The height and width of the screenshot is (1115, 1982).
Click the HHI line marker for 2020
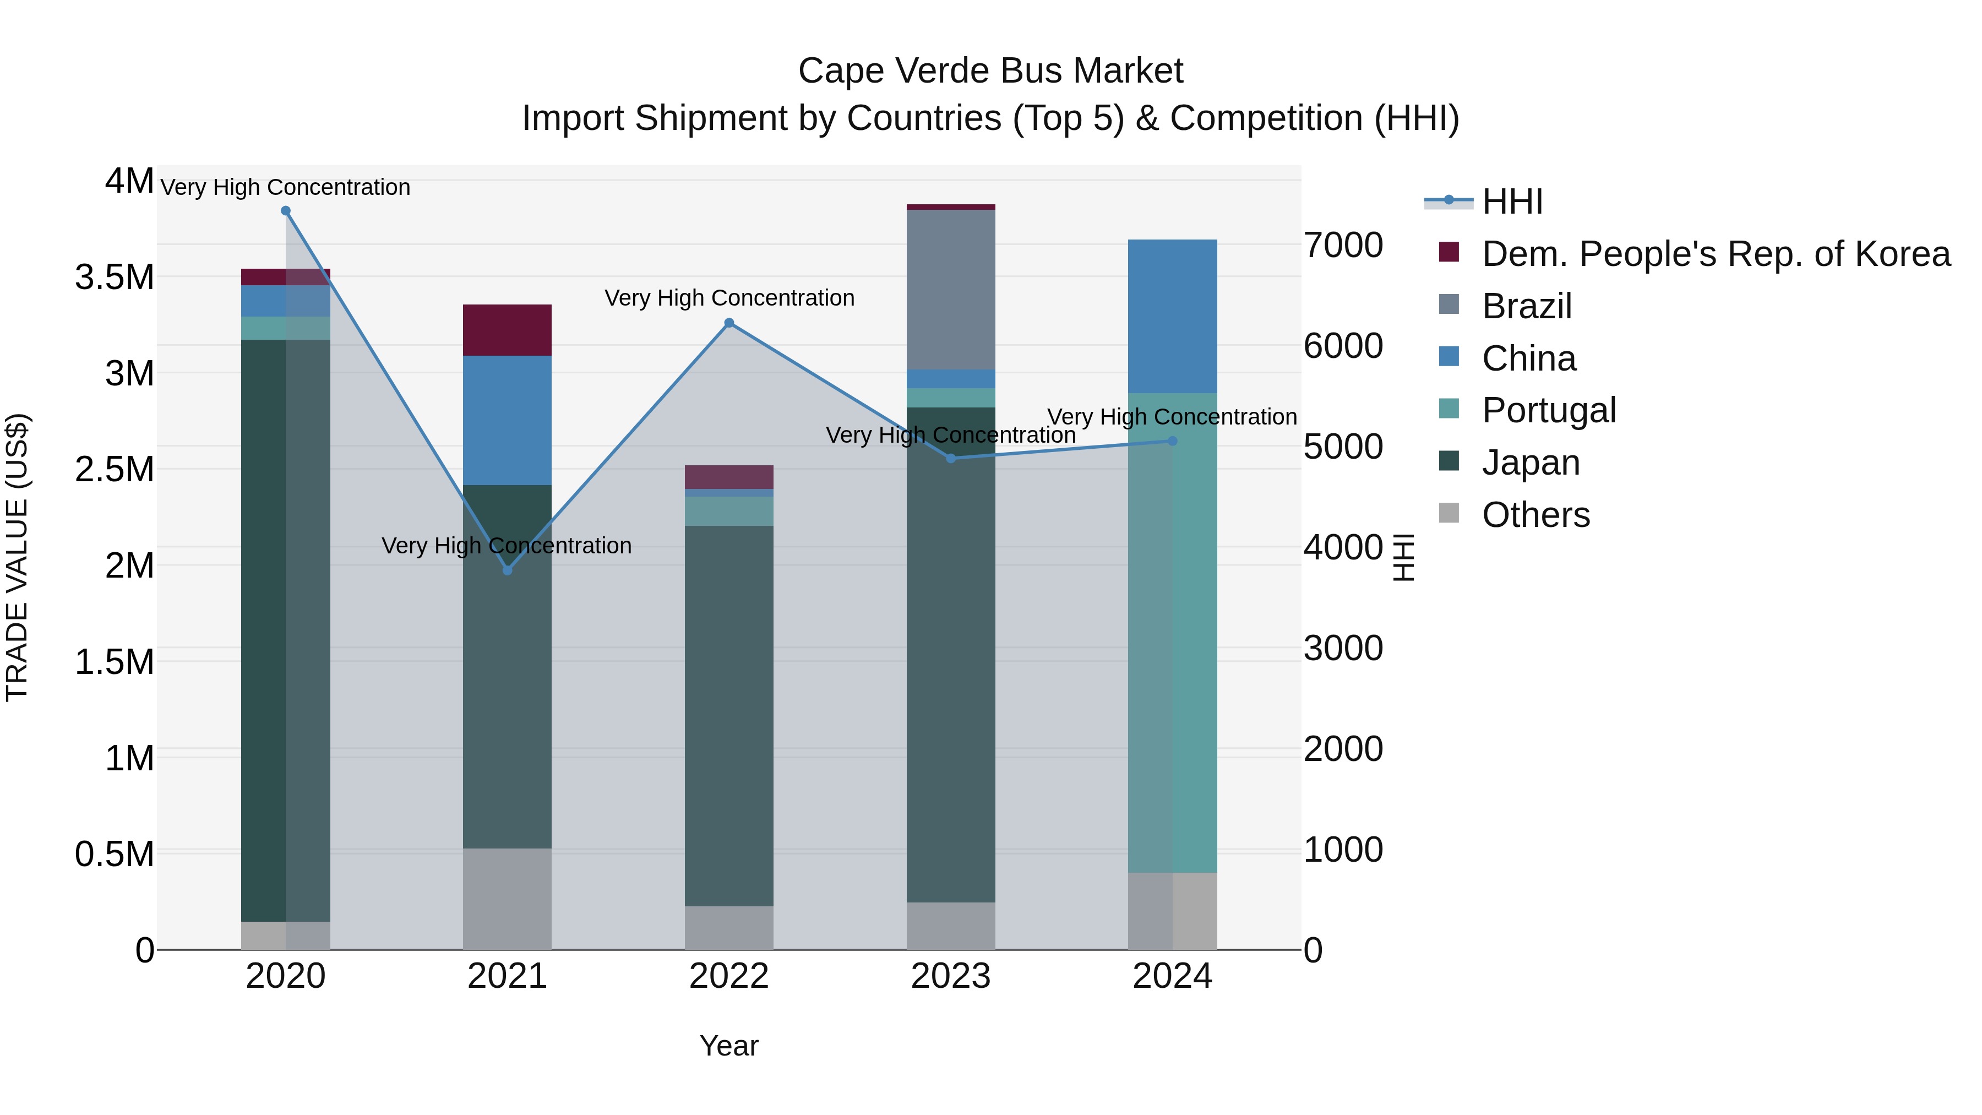point(285,211)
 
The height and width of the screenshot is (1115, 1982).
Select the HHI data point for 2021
point(507,570)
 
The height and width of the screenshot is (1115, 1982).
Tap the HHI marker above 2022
point(729,323)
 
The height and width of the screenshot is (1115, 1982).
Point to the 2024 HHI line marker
point(1173,441)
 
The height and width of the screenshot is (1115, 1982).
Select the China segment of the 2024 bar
point(1173,316)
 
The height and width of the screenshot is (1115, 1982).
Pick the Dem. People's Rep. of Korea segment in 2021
point(507,330)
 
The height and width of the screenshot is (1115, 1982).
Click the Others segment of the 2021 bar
point(507,899)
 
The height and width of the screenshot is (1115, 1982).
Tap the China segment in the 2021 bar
point(507,420)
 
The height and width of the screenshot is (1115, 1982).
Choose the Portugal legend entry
point(1548,410)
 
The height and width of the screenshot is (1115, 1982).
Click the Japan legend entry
point(1531,463)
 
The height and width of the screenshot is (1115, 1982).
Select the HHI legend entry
point(1512,202)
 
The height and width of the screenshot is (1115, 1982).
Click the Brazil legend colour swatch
point(1449,304)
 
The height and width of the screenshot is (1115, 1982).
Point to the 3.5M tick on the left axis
point(115,277)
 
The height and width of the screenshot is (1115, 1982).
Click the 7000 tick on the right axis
point(1343,246)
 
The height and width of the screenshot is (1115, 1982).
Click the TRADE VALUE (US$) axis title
point(17,557)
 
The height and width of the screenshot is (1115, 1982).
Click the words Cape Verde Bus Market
point(990,71)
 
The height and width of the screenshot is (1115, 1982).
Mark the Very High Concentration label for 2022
point(729,298)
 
